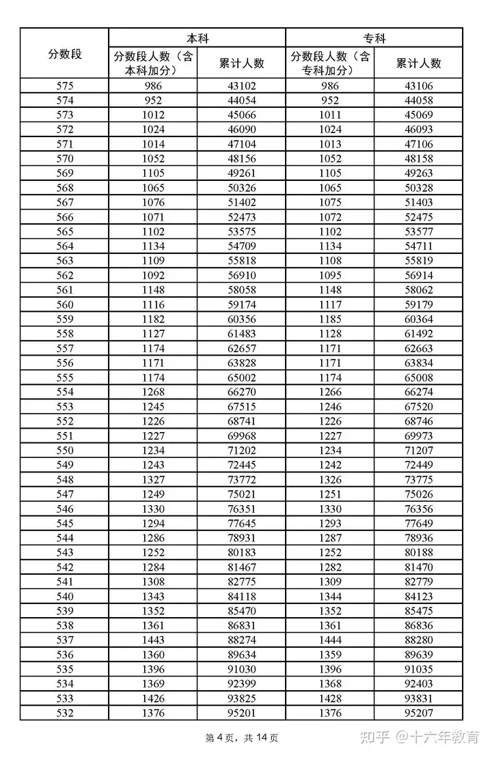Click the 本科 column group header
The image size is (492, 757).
[x=197, y=38]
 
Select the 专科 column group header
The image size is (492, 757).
[x=374, y=38]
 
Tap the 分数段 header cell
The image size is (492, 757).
[x=64, y=54]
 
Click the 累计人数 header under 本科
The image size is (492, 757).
[x=241, y=63]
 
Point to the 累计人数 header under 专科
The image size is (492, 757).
[x=418, y=63]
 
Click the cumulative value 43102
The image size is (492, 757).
[x=241, y=86]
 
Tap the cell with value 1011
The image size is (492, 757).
[x=330, y=115]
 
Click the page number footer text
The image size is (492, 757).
[x=241, y=738]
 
